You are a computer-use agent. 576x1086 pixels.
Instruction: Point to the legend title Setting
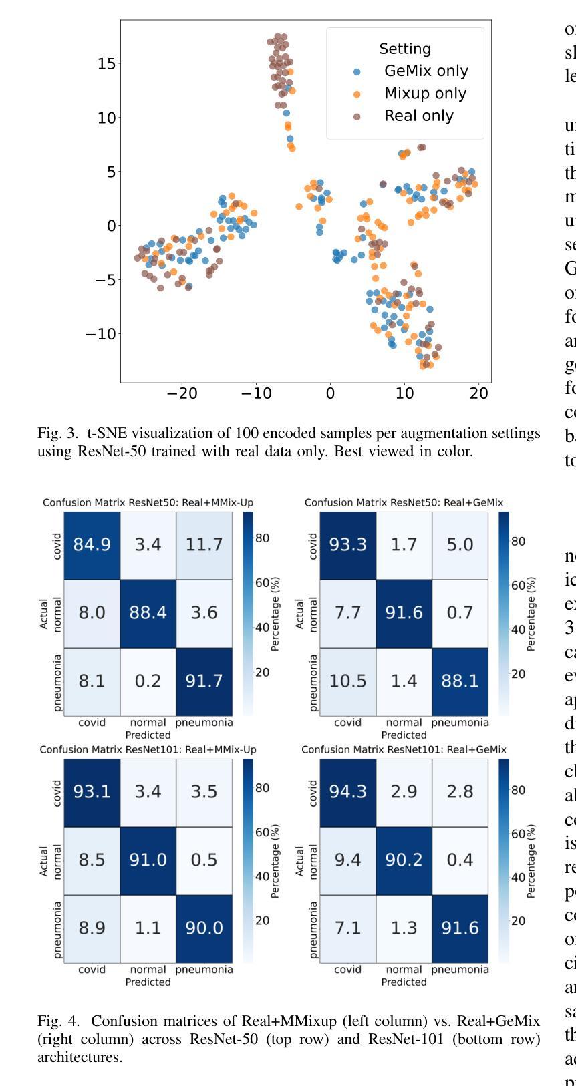click(405, 49)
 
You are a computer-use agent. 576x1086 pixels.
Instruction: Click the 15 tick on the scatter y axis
click(107, 63)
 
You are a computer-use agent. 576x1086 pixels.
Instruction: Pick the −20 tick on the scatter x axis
click(182, 394)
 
